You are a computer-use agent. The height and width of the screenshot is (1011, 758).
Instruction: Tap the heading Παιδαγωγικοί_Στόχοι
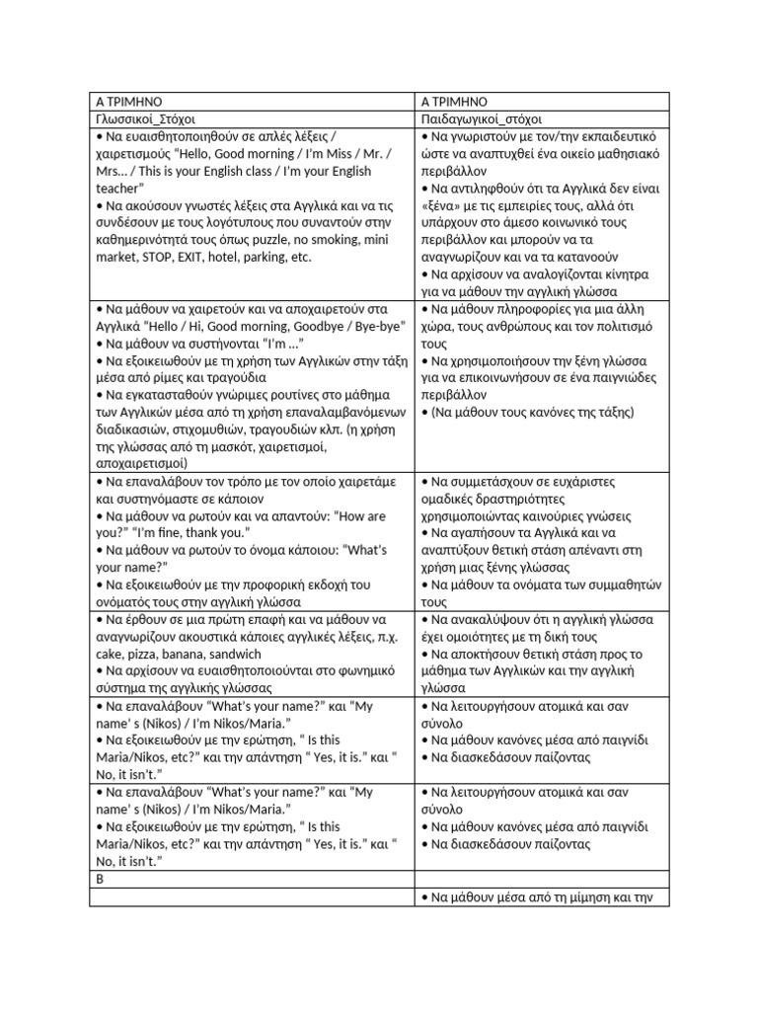(482, 119)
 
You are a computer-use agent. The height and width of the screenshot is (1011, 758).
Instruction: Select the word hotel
(236, 257)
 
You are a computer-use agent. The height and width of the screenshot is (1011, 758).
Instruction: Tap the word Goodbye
(299, 326)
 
